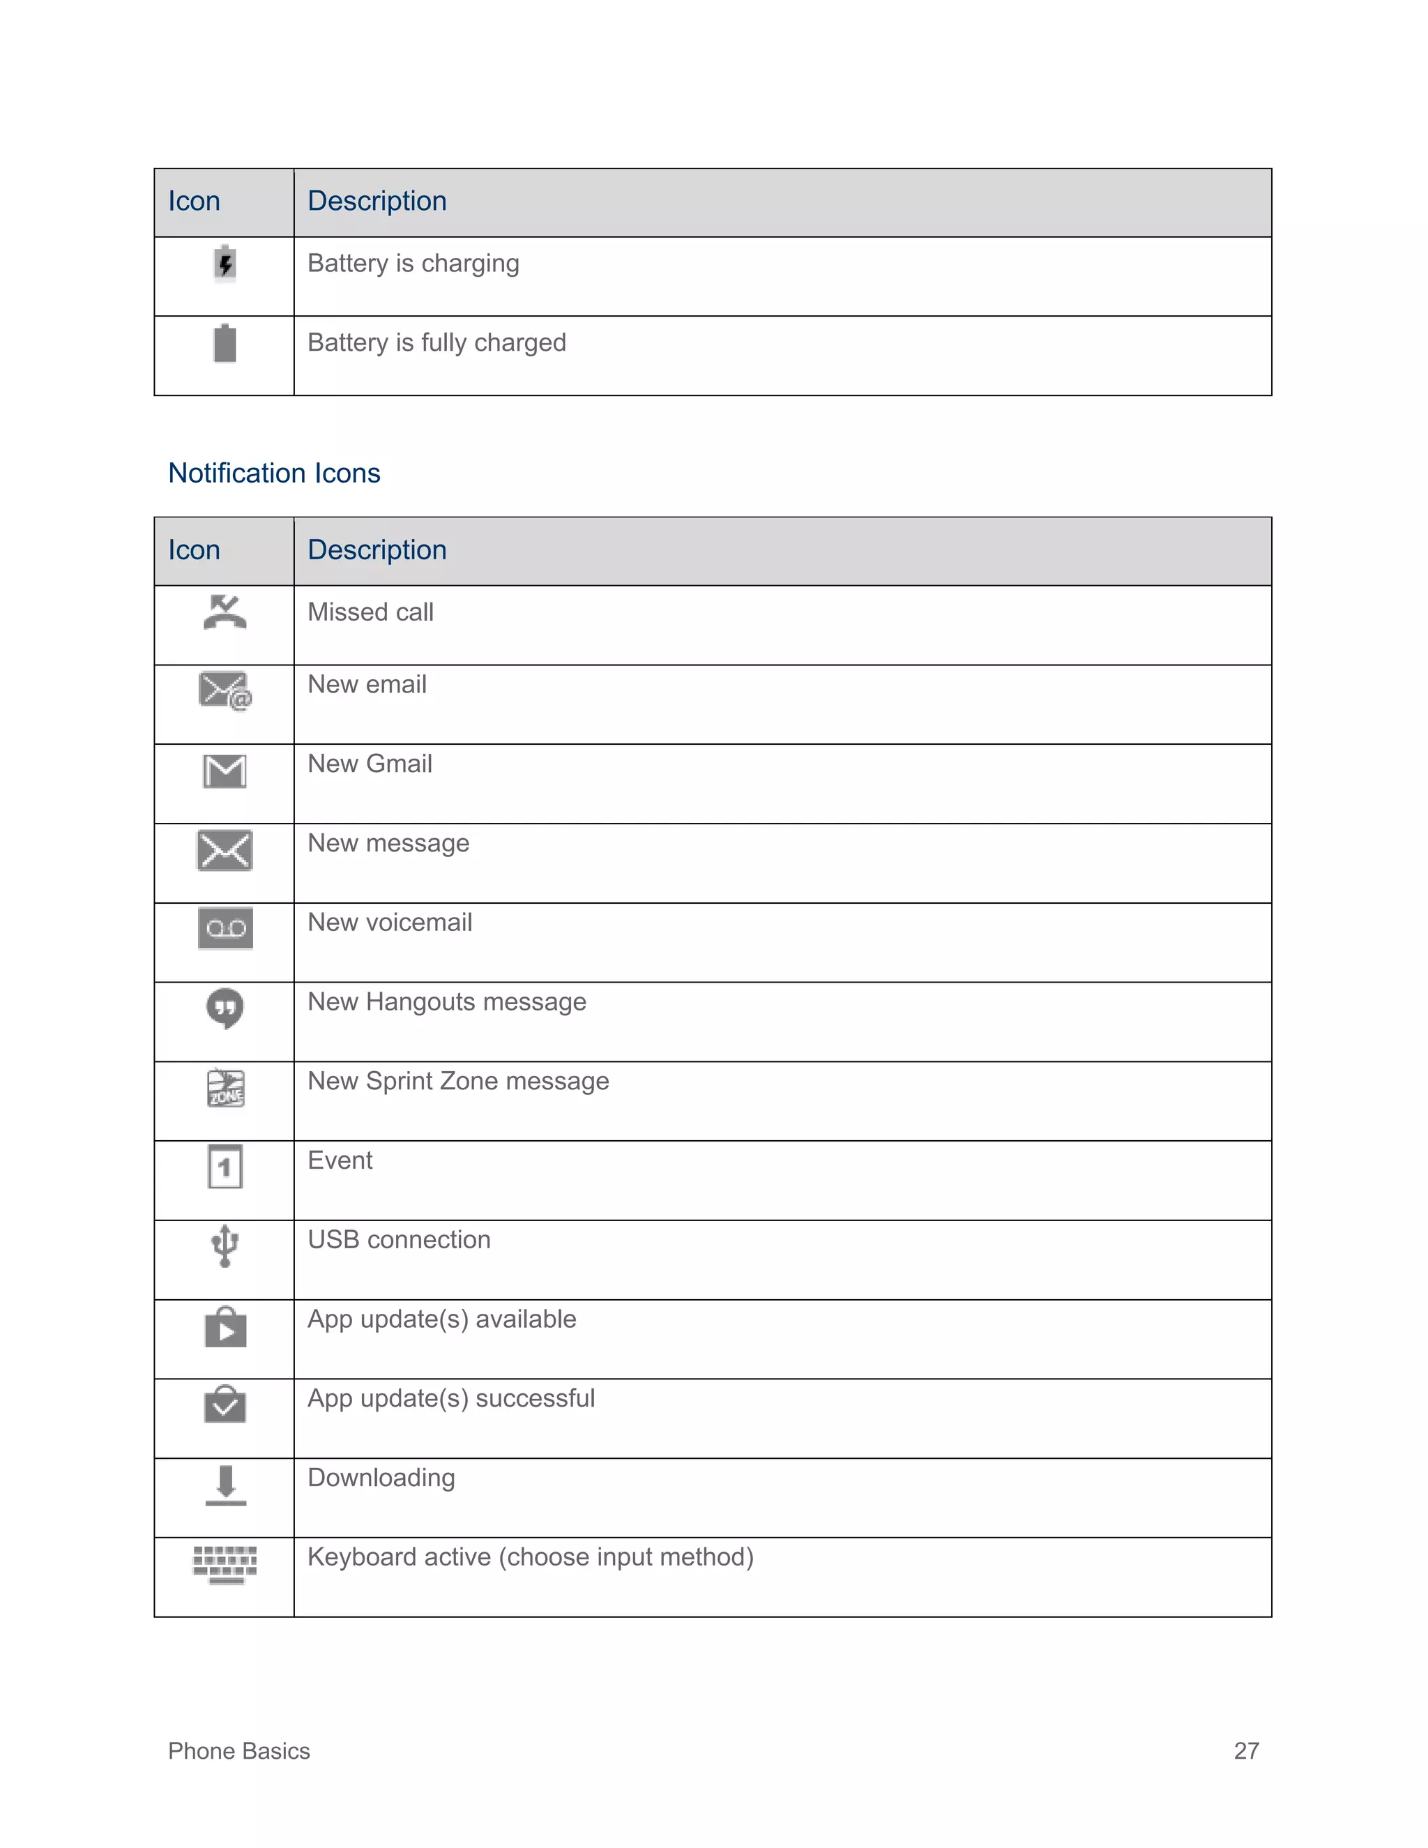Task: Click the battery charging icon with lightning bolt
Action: pyautogui.click(x=225, y=264)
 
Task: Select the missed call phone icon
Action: pyautogui.click(x=225, y=612)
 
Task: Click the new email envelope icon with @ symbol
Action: pyautogui.click(x=225, y=690)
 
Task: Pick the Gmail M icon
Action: pyautogui.click(x=225, y=771)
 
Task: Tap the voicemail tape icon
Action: pyautogui.click(x=225, y=928)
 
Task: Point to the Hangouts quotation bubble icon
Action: pyautogui.click(x=225, y=1008)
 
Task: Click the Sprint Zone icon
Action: pyautogui.click(x=225, y=1088)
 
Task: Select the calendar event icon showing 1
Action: pyautogui.click(x=225, y=1167)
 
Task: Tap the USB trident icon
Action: pyautogui.click(x=225, y=1245)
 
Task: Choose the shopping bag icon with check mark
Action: pyautogui.click(x=225, y=1404)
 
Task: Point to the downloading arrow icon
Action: pyautogui.click(x=225, y=1485)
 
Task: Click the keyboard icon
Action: pyautogui.click(x=225, y=1563)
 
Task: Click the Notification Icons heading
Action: pyautogui.click(x=274, y=473)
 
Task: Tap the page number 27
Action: pyautogui.click(x=1246, y=1750)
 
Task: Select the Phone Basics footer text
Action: pyautogui.click(x=238, y=1750)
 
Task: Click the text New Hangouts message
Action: pyautogui.click(x=447, y=1002)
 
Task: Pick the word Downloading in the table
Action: pyautogui.click(x=381, y=1478)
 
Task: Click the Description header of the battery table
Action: pyautogui.click(x=377, y=202)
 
